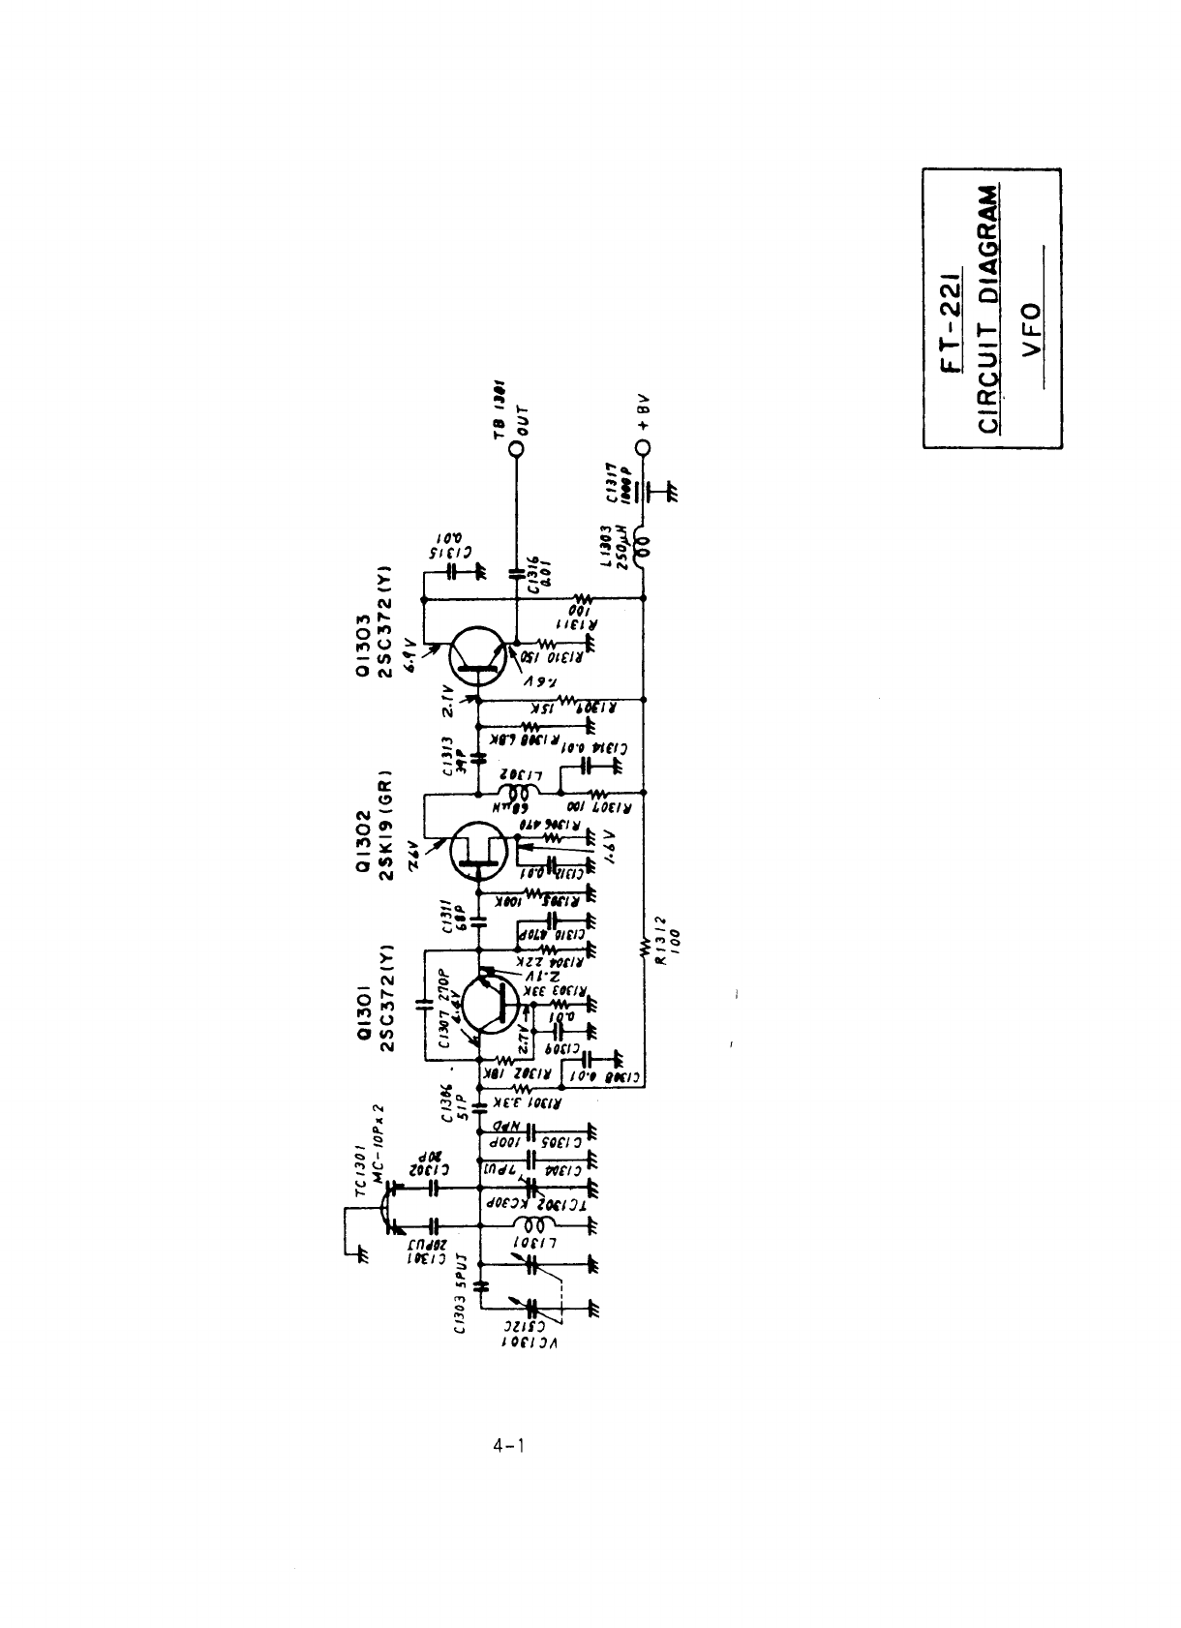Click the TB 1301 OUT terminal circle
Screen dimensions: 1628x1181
[x=518, y=447]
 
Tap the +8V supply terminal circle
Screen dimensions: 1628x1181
[x=644, y=447]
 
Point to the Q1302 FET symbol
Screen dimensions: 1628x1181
[x=481, y=849]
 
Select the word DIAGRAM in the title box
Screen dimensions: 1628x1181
[x=990, y=248]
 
